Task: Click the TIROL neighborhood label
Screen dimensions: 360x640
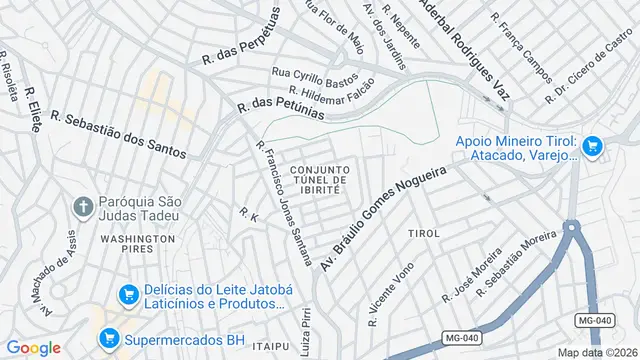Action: click(424, 233)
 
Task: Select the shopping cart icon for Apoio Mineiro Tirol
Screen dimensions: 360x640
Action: click(592, 146)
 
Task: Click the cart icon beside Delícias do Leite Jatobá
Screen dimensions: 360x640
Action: click(127, 295)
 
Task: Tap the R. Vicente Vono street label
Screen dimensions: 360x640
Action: click(390, 294)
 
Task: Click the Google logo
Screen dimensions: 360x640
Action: click(34, 347)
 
